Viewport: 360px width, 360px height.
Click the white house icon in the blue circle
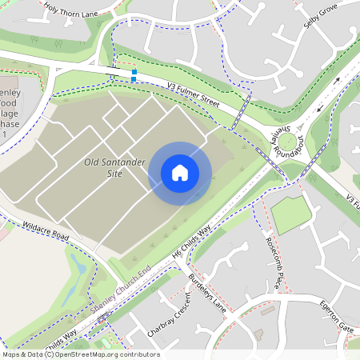[x=179, y=172]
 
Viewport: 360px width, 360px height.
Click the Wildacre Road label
[x=46, y=232]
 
